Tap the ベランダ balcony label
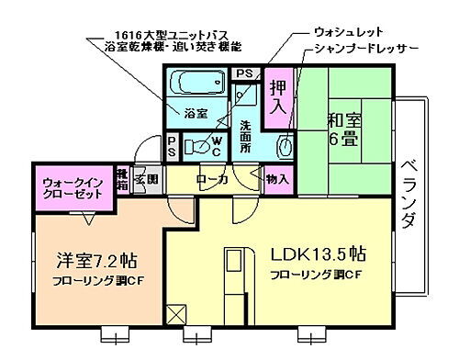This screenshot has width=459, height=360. (x=409, y=195)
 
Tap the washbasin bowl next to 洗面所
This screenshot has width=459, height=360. (x=285, y=145)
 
